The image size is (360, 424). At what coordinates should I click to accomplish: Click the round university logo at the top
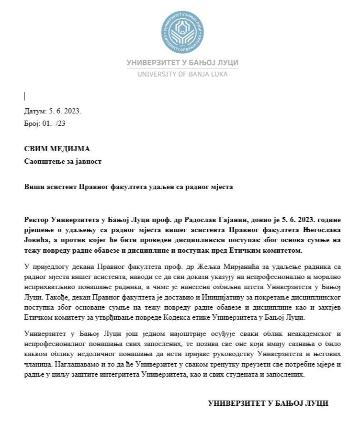click(x=182, y=32)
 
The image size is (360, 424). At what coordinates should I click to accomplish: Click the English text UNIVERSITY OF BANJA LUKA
click(x=182, y=74)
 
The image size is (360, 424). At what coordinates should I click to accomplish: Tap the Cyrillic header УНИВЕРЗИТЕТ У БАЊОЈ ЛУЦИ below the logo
click(x=182, y=63)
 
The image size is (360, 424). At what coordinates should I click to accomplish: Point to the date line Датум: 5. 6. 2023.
click(x=53, y=111)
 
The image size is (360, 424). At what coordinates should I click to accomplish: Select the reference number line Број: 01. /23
click(x=45, y=123)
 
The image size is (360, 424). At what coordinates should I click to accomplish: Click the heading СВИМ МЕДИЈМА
click(x=57, y=149)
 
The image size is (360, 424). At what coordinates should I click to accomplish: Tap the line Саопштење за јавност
click(x=63, y=161)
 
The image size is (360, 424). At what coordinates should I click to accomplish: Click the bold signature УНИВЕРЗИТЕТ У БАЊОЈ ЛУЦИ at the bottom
click(x=268, y=403)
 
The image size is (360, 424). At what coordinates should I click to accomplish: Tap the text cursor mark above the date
click(x=24, y=96)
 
